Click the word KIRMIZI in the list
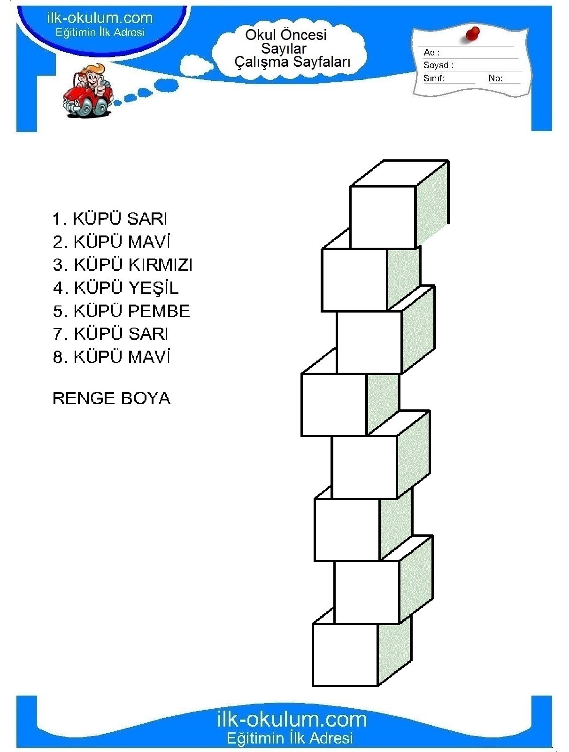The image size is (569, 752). point(161,265)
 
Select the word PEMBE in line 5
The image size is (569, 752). point(159,311)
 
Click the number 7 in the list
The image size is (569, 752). point(58,334)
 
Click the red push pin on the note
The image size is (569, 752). point(472,35)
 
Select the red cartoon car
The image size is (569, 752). point(87,99)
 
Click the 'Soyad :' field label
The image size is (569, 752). point(438,65)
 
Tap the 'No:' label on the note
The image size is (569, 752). point(495,78)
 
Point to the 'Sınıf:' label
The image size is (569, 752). point(433,78)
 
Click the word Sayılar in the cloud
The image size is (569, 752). point(284,49)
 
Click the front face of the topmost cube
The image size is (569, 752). point(383,217)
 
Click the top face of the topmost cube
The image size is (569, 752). point(399,173)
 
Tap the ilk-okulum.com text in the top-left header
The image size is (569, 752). point(100,18)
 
